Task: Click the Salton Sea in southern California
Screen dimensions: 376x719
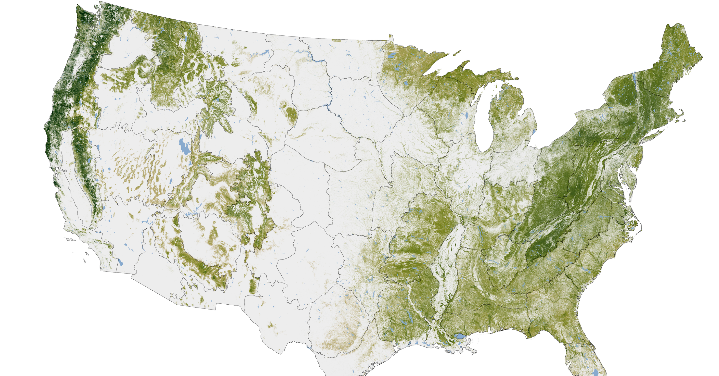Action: coord(120,262)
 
